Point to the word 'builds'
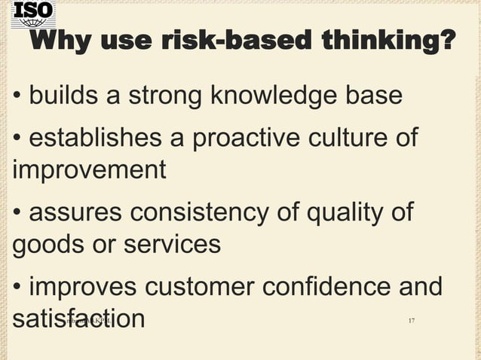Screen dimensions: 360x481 tap(66, 96)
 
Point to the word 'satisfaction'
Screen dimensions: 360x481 tap(78, 318)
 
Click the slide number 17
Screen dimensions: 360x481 tap(411, 322)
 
